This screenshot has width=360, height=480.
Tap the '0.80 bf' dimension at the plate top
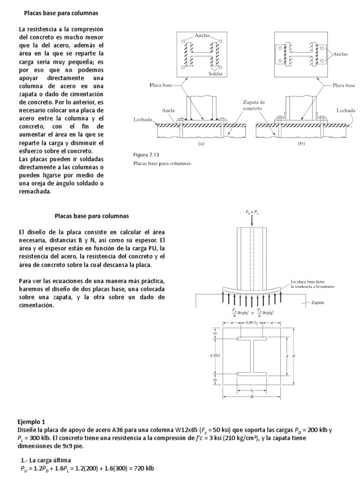[252, 322]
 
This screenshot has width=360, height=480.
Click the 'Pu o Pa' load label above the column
[252, 212]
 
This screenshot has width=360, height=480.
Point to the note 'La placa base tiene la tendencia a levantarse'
[312, 283]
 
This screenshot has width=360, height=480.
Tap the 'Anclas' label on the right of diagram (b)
[340, 54]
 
